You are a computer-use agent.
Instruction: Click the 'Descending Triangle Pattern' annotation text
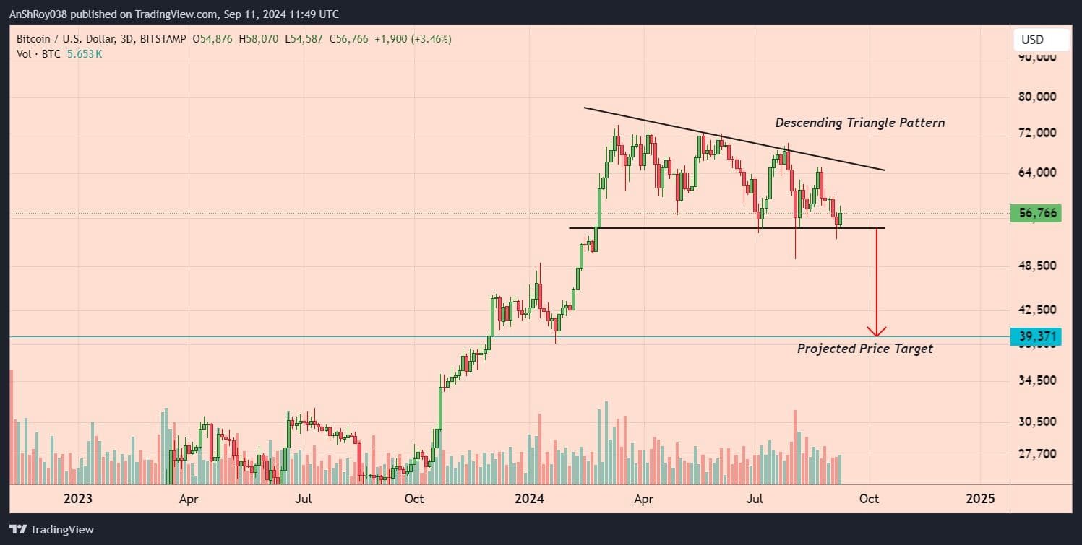tap(859, 123)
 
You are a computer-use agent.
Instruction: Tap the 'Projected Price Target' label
tap(864, 349)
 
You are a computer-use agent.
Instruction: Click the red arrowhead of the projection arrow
tap(877, 332)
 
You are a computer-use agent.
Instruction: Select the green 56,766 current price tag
tap(1035, 214)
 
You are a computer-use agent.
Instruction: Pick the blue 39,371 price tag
tap(1035, 336)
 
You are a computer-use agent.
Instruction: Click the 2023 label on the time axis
tap(78, 498)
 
